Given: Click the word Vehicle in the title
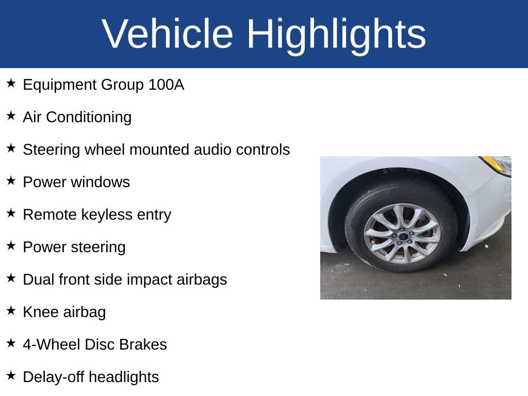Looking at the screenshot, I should click(x=168, y=34).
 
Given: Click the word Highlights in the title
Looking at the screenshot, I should click(x=336, y=34).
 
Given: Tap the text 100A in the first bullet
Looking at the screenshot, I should click(x=166, y=85).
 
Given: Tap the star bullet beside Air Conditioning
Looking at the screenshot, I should click(x=11, y=115).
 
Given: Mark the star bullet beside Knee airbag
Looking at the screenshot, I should click(x=11, y=310).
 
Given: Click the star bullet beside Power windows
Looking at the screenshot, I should click(x=11, y=180).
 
